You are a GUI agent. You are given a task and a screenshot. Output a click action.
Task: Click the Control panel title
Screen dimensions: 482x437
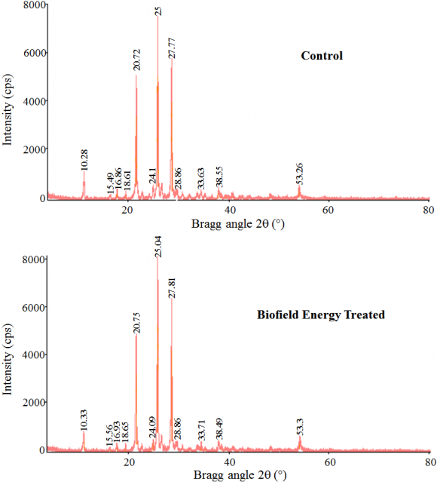tap(322, 56)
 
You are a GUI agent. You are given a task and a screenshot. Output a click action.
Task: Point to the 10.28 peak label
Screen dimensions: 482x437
tap(84, 159)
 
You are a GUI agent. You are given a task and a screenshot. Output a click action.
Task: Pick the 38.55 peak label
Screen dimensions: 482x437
tap(220, 177)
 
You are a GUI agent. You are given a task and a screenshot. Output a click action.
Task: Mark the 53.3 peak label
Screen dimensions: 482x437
tap(300, 427)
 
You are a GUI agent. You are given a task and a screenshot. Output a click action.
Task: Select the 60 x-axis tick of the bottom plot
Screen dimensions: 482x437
tap(329, 463)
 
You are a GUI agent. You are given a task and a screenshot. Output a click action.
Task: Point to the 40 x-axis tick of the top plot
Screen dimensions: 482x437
tap(228, 210)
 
